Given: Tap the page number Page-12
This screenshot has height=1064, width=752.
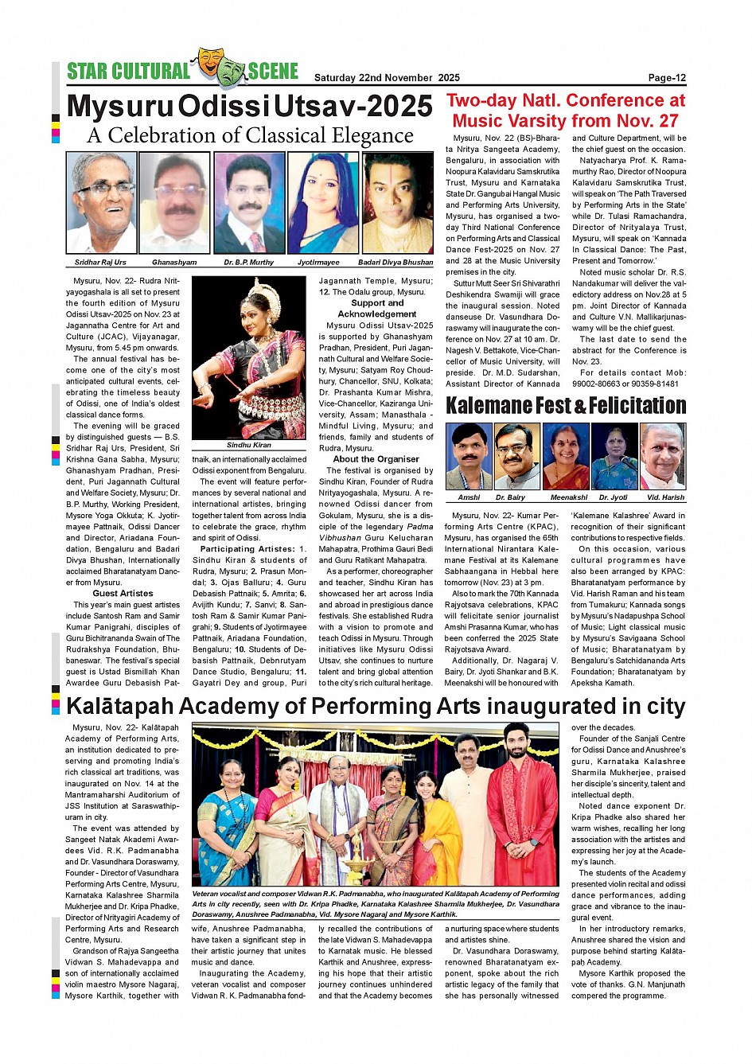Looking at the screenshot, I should pos(667,78).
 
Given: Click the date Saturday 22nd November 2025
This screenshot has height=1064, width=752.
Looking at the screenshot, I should pos(387,78).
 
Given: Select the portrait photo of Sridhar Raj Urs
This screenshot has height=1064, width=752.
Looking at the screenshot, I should pos(100,203).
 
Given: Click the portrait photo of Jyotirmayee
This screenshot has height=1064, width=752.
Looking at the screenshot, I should pos(322,203).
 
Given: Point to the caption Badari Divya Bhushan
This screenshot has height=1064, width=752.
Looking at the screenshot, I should pos(395,262).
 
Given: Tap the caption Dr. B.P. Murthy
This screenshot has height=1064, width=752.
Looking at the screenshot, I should pos(248,262).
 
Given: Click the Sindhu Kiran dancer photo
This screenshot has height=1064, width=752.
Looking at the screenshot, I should pos(249,357).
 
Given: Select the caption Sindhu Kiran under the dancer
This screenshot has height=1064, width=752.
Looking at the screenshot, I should pos(249,446).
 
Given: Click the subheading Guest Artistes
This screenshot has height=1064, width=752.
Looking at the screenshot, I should pos(123,594).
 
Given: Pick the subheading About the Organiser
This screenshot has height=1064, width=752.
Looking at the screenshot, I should pos(376,459).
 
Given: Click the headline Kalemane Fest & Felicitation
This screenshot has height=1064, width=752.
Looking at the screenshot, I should pos(565,406).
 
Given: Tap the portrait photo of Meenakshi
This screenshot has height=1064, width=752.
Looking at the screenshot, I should pos(566,456).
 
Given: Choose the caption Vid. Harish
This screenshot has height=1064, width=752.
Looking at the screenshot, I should pos(665,497).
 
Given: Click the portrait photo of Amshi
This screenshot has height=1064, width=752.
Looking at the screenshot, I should pos(469,456).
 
